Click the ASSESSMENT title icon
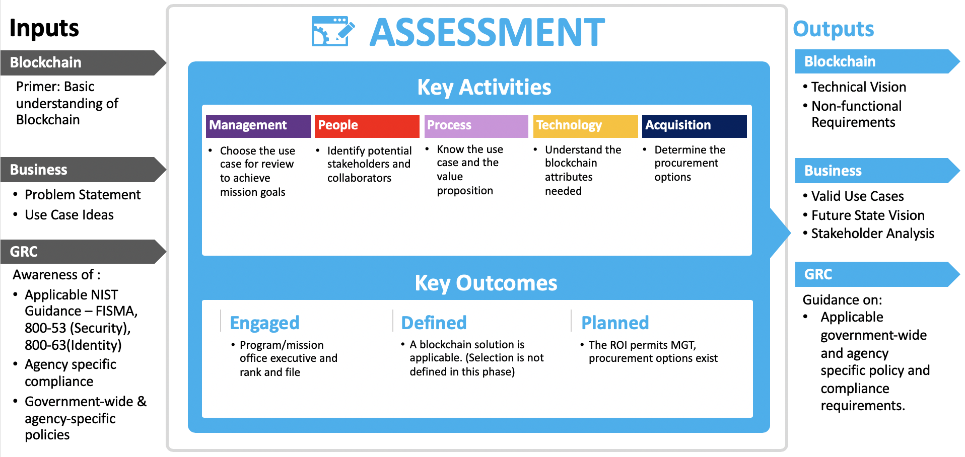pos(333,31)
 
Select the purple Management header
pos(258,126)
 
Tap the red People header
pos(367,126)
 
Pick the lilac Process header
pos(476,126)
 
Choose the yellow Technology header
pos(585,126)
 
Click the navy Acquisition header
pos(694,126)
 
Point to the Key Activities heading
pos(484,87)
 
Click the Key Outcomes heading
pos(486,283)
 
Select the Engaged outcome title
pos(264,323)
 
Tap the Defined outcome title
pos(434,323)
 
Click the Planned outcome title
pos(615,323)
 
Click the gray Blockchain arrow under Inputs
pos(83,62)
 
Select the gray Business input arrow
pos(83,170)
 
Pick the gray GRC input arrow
pos(83,251)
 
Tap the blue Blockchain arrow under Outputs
pos(877,61)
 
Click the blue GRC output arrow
pos(877,274)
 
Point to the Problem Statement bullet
pos(83,195)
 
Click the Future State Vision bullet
pos(868,215)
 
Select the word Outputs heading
pos(834,29)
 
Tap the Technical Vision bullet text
pos(859,87)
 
